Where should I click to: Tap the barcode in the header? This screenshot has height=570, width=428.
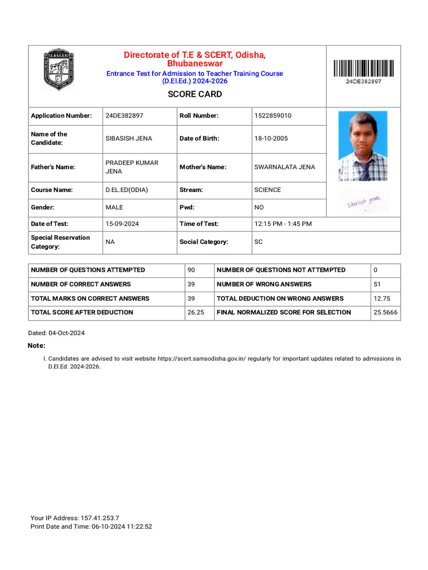(363, 68)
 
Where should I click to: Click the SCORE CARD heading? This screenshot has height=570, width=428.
(194, 94)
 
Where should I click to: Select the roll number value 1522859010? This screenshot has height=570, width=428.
(273, 116)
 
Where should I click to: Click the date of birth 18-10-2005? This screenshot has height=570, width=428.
(271, 139)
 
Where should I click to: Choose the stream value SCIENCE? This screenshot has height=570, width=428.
(267, 190)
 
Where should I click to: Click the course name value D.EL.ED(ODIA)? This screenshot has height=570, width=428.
(127, 190)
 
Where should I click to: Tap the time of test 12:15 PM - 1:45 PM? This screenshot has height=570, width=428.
(283, 224)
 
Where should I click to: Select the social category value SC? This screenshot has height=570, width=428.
(259, 242)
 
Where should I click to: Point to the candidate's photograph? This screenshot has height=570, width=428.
(363, 146)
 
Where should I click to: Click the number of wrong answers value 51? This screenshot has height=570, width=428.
(377, 284)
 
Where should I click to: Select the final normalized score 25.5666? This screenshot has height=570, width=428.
(385, 313)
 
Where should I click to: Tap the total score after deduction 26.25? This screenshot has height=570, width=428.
(196, 313)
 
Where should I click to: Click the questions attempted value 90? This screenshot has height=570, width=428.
(191, 270)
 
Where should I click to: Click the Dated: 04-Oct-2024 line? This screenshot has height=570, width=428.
(56, 333)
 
